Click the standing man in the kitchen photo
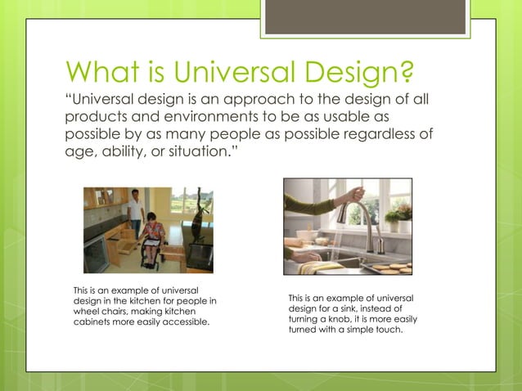coord(136,210)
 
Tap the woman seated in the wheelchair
coord(152,237)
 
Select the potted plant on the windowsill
coord(399,214)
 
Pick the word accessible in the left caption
coord(184,322)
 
